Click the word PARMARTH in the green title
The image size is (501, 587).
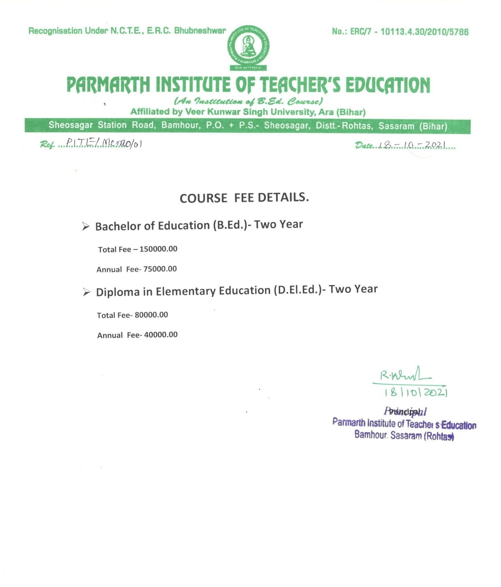108,85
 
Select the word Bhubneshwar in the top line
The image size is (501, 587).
200,30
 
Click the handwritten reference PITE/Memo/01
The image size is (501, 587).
104,144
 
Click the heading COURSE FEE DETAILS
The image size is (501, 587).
244,198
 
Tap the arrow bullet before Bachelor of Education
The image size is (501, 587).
86,227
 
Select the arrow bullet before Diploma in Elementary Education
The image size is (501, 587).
86,292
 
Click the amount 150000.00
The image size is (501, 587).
158,249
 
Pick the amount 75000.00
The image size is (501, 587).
160,269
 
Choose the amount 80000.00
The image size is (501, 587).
151,315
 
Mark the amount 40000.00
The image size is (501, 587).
161,335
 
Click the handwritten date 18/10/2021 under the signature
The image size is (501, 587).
415,393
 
